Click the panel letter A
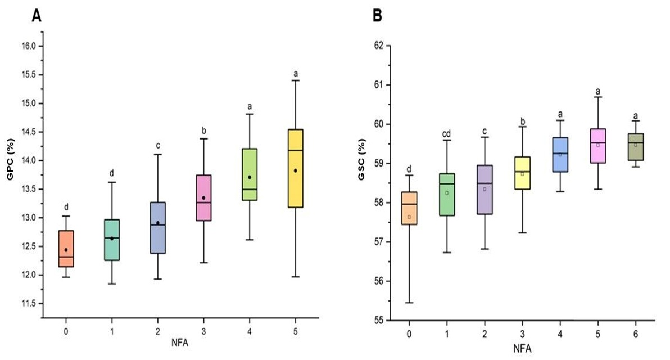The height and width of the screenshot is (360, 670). [x=37, y=16]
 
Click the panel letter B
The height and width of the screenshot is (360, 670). [x=378, y=16]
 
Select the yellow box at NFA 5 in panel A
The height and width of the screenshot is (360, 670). [x=295, y=169]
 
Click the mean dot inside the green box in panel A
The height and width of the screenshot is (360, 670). [x=250, y=177]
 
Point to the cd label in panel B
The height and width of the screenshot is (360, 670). [x=447, y=133]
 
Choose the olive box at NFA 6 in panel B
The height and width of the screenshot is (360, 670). [x=636, y=147]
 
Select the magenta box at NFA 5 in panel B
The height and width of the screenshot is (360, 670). [x=598, y=146]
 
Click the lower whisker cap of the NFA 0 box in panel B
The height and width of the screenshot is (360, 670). [x=409, y=303]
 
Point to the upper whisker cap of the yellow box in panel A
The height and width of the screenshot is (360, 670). [x=295, y=80]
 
